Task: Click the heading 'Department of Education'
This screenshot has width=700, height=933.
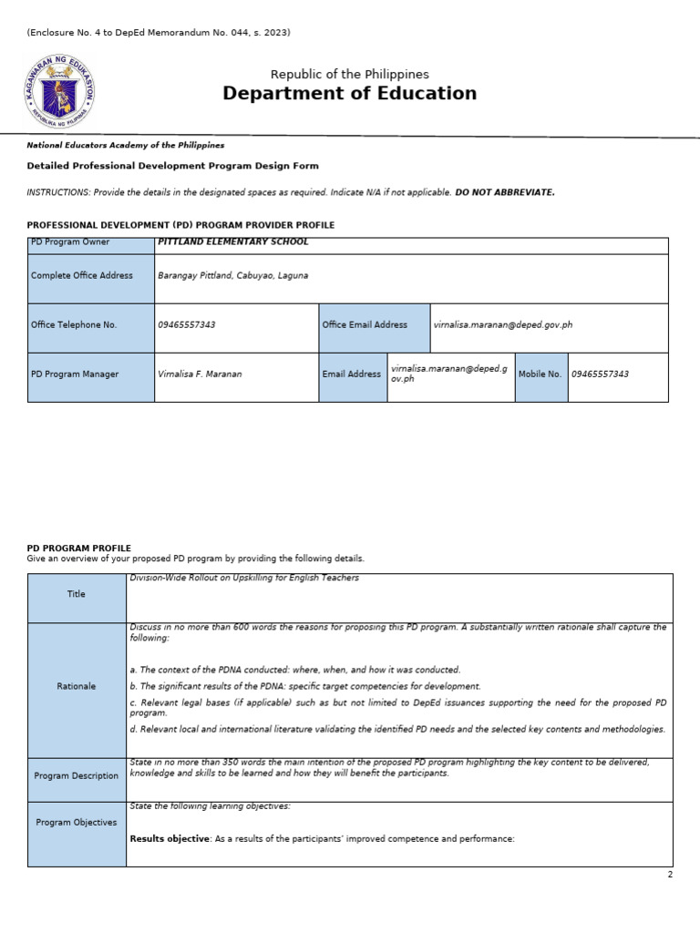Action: pyautogui.click(x=349, y=94)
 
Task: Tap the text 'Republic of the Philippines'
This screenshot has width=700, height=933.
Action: pyautogui.click(x=349, y=74)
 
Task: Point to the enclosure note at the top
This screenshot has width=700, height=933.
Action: pyautogui.click(x=159, y=33)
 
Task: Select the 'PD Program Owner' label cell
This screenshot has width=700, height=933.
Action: pyautogui.click(x=91, y=243)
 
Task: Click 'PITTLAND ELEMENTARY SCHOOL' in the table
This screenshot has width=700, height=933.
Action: pyautogui.click(x=233, y=242)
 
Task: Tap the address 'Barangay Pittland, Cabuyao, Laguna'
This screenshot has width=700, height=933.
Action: pyautogui.click(x=233, y=275)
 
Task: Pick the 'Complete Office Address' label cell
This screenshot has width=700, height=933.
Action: pyautogui.click(x=91, y=276)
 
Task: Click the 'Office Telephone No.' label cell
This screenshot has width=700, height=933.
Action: pyautogui.click(x=91, y=325)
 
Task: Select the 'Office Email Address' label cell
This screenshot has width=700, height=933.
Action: pyautogui.click(x=373, y=325)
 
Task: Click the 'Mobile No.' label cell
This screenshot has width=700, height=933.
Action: pyautogui.click(x=540, y=374)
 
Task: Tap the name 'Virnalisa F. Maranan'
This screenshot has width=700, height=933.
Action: pyautogui.click(x=200, y=374)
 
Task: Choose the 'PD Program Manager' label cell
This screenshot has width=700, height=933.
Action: pyautogui.click(x=91, y=374)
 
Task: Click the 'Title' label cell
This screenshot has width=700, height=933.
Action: pyautogui.click(x=77, y=594)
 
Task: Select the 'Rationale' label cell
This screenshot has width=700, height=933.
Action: pyautogui.click(x=77, y=686)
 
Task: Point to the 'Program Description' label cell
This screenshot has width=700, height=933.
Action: pyautogui.click(x=77, y=776)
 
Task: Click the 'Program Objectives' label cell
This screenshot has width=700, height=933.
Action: pyautogui.click(x=77, y=823)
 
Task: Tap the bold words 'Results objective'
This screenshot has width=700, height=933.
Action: pyautogui.click(x=170, y=838)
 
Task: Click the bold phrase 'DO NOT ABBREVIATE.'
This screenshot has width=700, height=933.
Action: pyautogui.click(x=505, y=192)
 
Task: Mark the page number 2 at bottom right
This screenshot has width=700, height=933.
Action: pyautogui.click(x=669, y=875)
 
